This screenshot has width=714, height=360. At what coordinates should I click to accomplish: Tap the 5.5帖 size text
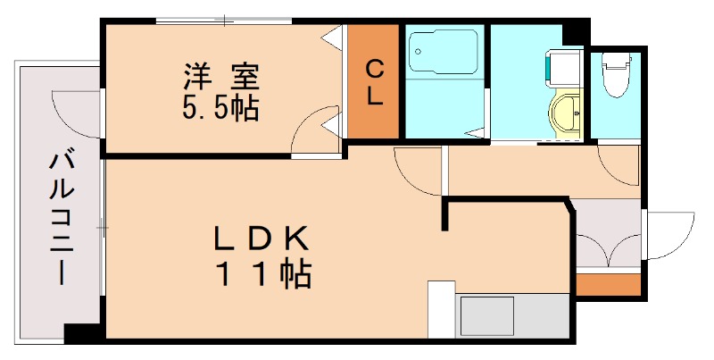coord(221,109)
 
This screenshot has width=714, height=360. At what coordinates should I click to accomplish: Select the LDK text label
coord(261,239)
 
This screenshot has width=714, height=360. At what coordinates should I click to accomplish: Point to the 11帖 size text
coord(261,273)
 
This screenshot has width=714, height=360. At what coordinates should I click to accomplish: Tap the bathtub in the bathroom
coord(444,55)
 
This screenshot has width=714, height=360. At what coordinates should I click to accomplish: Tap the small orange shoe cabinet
coord(609,285)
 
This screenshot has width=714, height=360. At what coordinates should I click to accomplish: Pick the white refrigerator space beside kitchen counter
coord(441,309)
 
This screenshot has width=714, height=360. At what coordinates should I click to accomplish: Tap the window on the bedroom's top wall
coord(223,20)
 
